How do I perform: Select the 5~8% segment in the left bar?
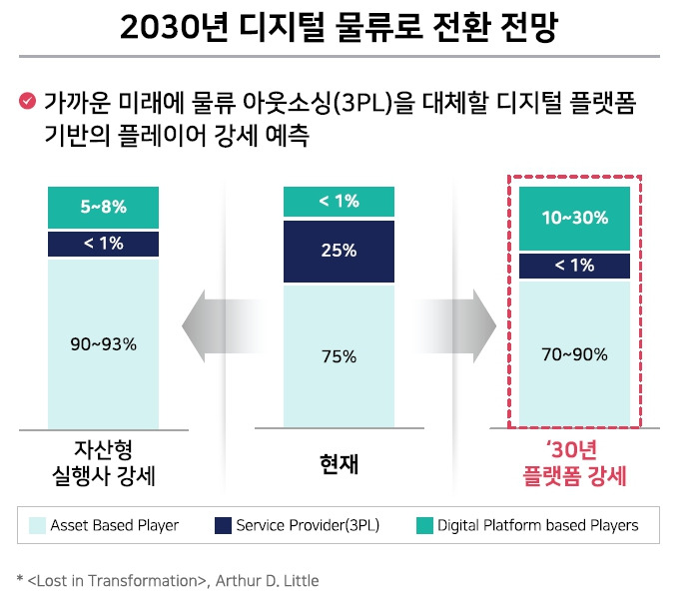pos(103,208)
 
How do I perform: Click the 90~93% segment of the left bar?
pos(103,343)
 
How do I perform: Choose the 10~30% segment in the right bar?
pos(574,219)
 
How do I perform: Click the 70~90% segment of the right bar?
pos(574,353)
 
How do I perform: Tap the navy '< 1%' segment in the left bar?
pos(103,244)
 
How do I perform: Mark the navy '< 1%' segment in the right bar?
pos(574,266)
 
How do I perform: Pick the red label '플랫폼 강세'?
pos(574,476)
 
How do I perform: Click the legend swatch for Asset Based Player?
pos(37,524)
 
